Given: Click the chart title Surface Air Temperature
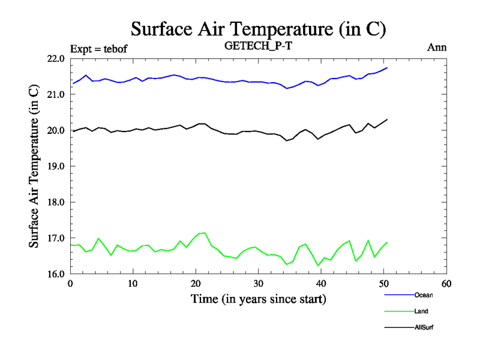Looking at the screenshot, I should (x=258, y=29).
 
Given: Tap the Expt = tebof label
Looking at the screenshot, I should (x=99, y=48).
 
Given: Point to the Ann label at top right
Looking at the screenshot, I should (x=437, y=47).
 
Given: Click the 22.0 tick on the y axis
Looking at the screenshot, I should (x=56, y=59).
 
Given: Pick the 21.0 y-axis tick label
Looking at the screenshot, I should (x=56, y=95).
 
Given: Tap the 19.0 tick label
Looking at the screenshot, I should (x=56, y=166).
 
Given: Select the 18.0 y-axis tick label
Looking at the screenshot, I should (x=56, y=202).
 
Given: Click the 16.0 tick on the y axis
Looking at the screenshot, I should (x=56, y=274).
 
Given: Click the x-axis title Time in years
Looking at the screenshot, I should (x=258, y=298).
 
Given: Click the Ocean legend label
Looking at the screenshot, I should (x=424, y=295).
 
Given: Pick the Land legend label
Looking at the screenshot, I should (x=421, y=311).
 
